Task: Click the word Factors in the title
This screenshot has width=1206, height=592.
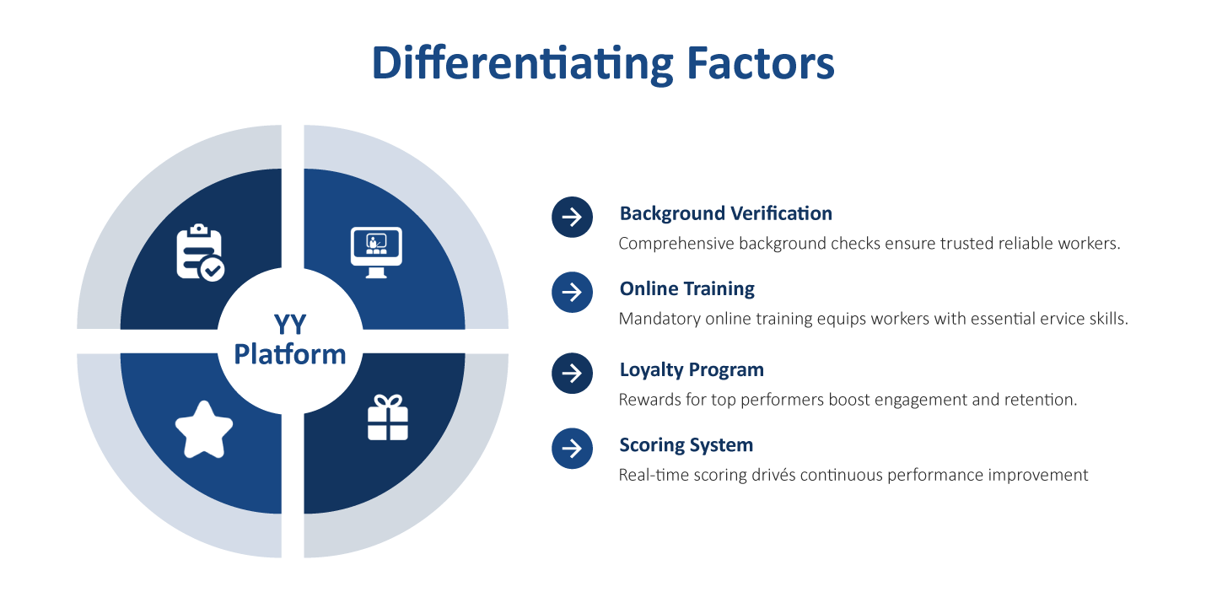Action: (x=759, y=63)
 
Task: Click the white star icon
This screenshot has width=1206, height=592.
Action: (x=204, y=429)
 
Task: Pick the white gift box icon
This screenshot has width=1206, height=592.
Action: (x=388, y=417)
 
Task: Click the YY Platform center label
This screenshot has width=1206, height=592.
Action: (x=290, y=340)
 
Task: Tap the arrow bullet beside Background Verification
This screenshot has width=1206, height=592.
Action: (x=572, y=217)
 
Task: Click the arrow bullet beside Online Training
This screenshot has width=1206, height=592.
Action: (x=572, y=292)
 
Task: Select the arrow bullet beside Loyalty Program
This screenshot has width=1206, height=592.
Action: (x=572, y=373)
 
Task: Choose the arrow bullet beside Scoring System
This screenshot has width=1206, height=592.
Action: (x=572, y=448)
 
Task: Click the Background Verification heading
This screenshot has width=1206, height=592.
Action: (x=725, y=213)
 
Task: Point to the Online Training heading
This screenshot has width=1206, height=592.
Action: (x=686, y=288)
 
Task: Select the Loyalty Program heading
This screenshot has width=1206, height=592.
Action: (x=692, y=369)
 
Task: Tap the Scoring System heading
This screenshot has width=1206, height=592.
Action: (x=686, y=444)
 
